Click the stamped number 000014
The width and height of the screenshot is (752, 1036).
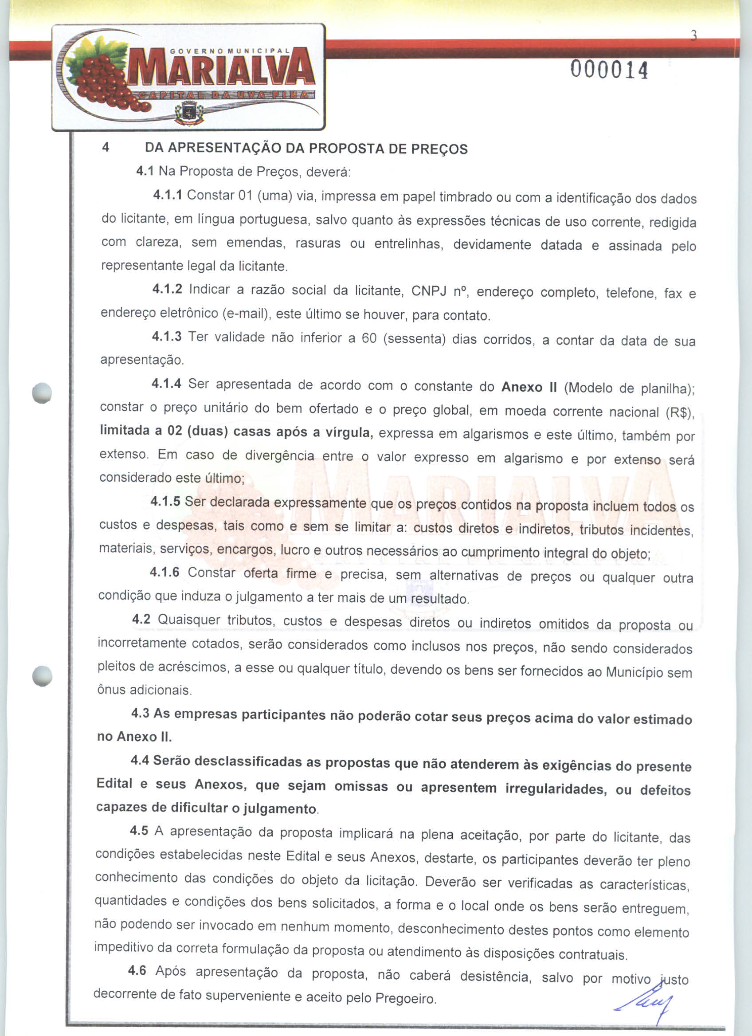click(x=609, y=71)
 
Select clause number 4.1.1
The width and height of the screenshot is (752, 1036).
click(x=168, y=195)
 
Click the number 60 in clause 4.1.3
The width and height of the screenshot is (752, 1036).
click(x=368, y=338)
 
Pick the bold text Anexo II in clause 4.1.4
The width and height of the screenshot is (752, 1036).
click(x=529, y=387)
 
